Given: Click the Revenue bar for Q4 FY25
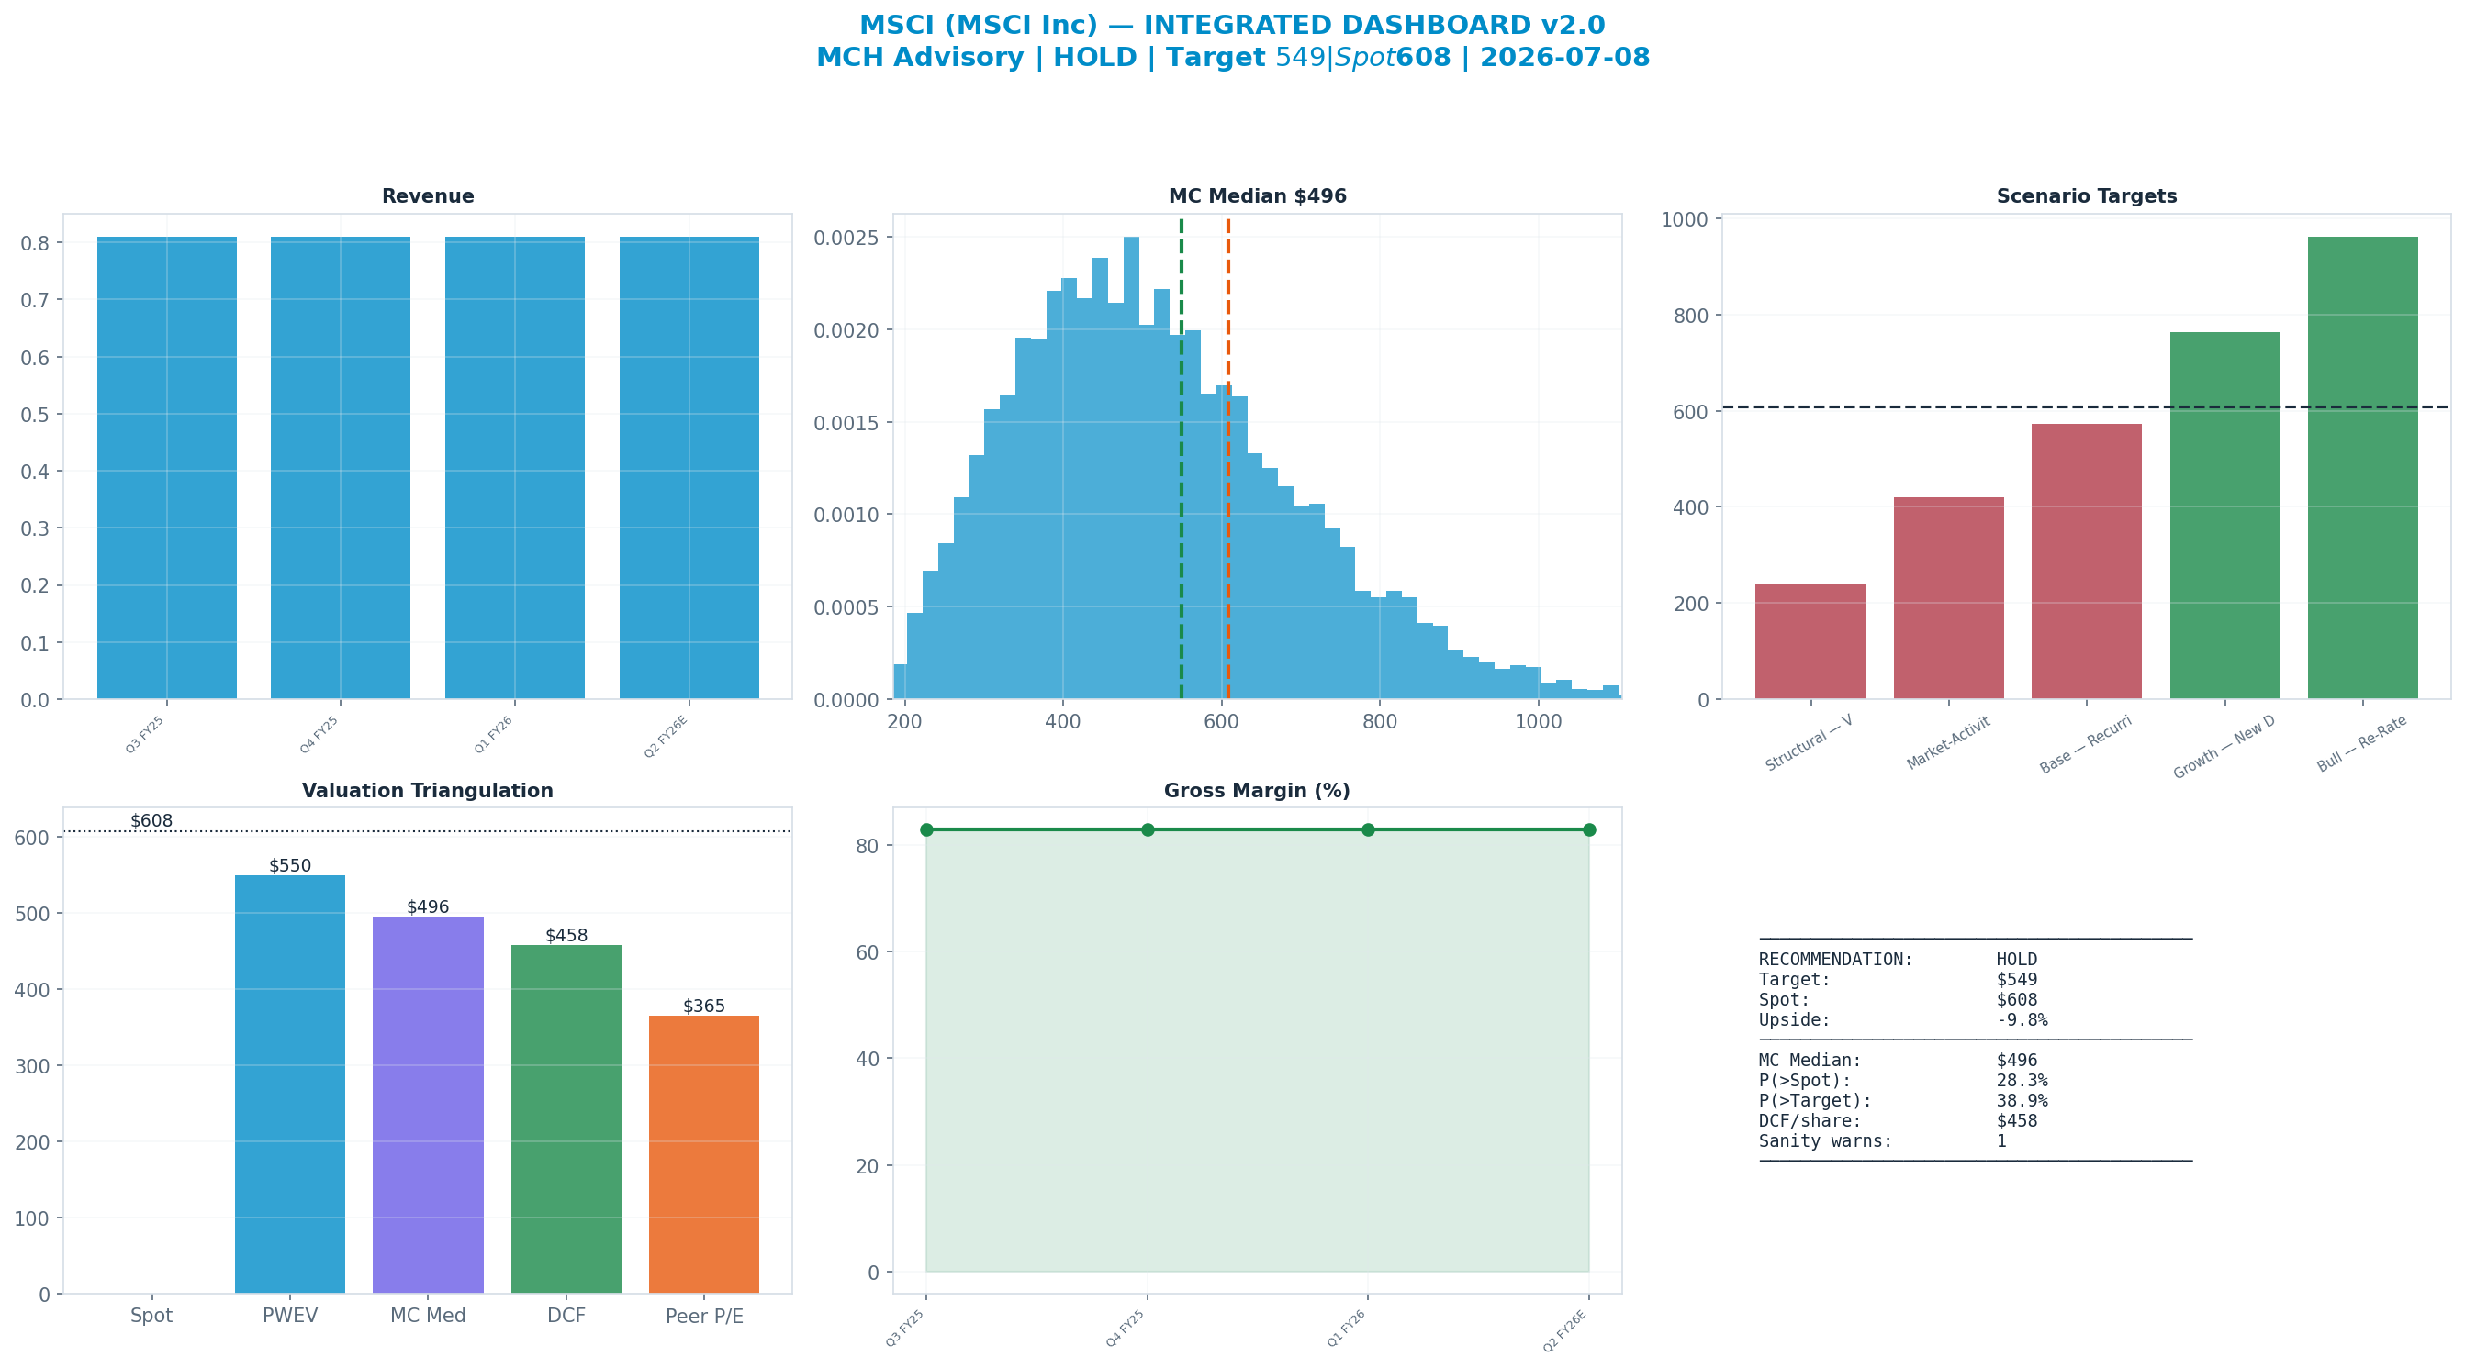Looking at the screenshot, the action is pos(341,468).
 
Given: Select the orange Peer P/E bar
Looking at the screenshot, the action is pos(704,1154).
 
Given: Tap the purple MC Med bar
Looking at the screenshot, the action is pos(428,1105).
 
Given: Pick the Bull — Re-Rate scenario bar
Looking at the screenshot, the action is pos(2362,468).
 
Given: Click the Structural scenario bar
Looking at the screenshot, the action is pos(1810,641).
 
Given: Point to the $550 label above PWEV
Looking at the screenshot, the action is pos(290,866).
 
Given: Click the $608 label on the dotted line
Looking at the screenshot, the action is pos(151,821).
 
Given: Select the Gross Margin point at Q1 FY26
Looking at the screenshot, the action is pos(1369,829).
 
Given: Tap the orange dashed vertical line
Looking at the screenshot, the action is pos(1227,459).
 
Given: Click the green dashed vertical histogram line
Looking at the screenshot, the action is pos(1182,459).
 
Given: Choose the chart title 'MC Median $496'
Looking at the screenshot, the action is pos(1258,196).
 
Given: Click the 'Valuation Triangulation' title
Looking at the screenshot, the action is pos(428,791).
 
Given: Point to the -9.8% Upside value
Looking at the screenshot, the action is pos(2022,1019).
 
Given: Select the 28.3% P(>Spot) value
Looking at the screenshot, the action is pos(2022,1080).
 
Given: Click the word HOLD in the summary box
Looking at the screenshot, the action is pos(2017,960).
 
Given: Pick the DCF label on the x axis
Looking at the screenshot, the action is pos(566,1316).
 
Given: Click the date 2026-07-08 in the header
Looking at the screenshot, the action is pos(1564,58).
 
